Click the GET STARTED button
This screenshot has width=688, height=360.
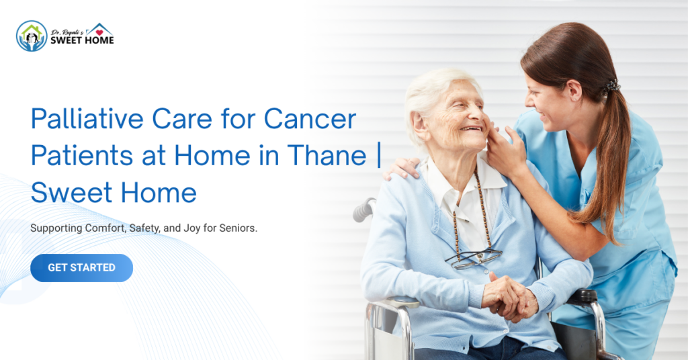pyautogui.click(x=81, y=268)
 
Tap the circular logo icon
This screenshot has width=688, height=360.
pyautogui.click(x=32, y=36)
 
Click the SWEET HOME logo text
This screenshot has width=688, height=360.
pyautogui.click(x=82, y=40)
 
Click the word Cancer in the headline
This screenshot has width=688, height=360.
pyautogui.click(x=310, y=120)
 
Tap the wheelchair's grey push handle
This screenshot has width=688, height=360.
pyautogui.click(x=363, y=210)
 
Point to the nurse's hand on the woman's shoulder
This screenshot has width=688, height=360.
pyautogui.click(x=402, y=168)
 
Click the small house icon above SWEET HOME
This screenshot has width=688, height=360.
pyautogui.click(x=100, y=29)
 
